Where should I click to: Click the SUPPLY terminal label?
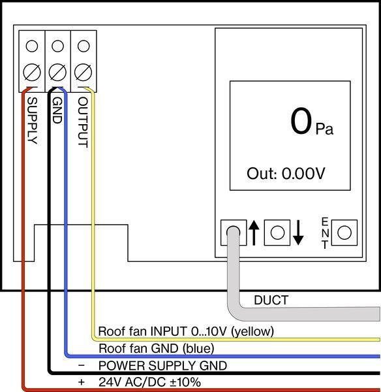click(33, 121)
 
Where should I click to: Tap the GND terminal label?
click(57, 110)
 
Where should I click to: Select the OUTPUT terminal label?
click(83, 122)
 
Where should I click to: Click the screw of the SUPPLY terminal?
click(32, 73)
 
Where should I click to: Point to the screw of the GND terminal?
click(57, 73)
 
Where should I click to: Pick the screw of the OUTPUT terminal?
click(84, 73)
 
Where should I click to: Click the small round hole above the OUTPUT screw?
click(84, 46)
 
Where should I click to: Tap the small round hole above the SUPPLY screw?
click(32, 46)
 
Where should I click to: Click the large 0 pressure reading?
click(301, 121)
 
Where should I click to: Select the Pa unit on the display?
click(324, 129)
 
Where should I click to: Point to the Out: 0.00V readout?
click(286, 173)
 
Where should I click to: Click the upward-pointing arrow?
click(254, 233)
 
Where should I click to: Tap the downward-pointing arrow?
click(298, 233)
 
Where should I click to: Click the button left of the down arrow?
click(277, 233)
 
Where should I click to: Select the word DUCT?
click(271, 300)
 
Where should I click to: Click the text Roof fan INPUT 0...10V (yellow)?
click(186, 331)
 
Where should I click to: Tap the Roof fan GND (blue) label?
click(157, 348)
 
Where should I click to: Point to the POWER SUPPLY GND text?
click(162, 366)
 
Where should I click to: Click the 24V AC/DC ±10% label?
click(149, 382)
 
